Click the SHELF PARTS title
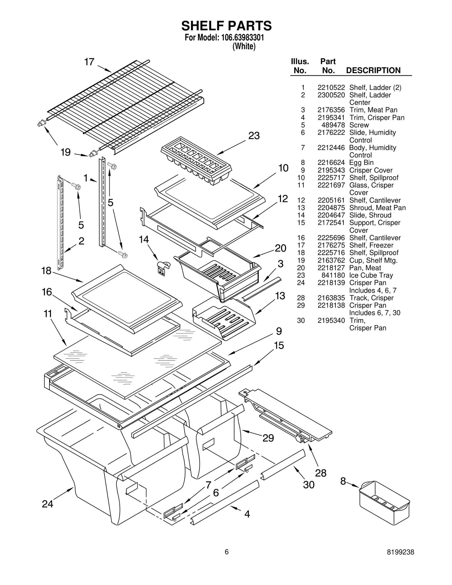pos(226,26)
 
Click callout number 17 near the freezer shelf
pos(89,62)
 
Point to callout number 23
pos(254,136)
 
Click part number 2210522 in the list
pos(331,88)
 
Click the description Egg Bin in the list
pos(361,163)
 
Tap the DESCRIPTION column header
pos(373,70)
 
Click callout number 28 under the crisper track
pos(320,473)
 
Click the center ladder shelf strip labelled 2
pos(60,222)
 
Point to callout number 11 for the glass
pos(48,314)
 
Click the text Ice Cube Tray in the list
pos(371,275)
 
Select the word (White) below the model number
pos(244,46)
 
